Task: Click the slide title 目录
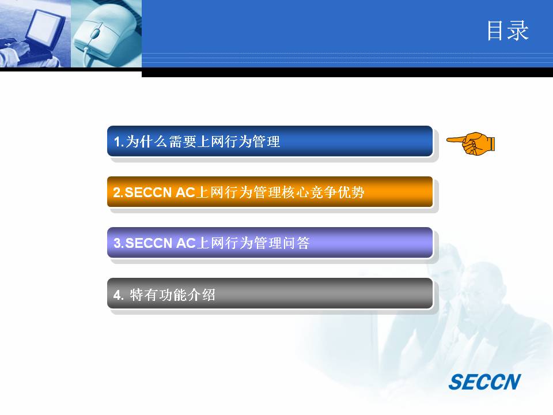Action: click(x=508, y=31)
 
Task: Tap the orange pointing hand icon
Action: click(x=471, y=144)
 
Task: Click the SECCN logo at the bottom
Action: click(x=484, y=382)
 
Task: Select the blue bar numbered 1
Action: click(x=270, y=141)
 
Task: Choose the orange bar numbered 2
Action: click(x=270, y=192)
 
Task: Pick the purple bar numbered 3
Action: click(x=270, y=243)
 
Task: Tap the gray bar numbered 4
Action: click(x=270, y=293)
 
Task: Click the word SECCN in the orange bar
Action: click(x=148, y=193)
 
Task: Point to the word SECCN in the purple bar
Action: click(x=149, y=243)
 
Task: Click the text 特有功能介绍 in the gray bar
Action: click(x=172, y=295)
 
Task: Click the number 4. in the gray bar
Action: click(x=119, y=295)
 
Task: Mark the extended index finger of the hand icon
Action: click(x=456, y=139)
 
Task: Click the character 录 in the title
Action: click(x=518, y=31)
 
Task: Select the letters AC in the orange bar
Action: click(x=185, y=193)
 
